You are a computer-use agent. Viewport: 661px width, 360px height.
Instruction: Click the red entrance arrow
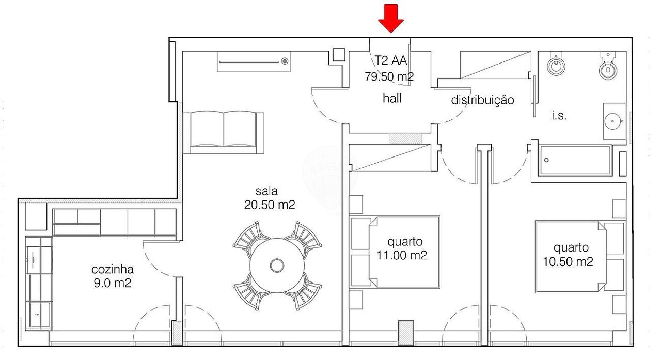[x=391, y=18]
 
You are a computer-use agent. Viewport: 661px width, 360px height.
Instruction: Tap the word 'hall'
[x=392, y=98]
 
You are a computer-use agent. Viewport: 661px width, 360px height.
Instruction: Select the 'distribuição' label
[x=482, y=100]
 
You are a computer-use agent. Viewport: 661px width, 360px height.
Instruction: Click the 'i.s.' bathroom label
[x=559, y=115]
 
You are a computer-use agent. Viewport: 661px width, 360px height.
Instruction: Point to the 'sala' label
[x=266, y=191]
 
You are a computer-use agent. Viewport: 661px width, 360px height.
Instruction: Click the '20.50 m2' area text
[x=270, y=205]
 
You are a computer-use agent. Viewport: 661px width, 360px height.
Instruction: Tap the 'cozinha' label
[x=113, y=269]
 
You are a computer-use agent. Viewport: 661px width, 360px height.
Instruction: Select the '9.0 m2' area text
[x=113, y=283]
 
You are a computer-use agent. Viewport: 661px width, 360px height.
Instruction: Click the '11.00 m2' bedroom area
[x=402, y=255]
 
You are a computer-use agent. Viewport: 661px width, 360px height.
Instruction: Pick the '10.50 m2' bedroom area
[x=568, y=261]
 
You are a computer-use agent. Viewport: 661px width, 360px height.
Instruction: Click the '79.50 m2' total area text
[x=389, y=77]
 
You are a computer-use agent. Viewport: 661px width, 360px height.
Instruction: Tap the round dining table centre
[x=277, y=265]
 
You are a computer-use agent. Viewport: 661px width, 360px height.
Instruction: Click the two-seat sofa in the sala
[x=224, y=132]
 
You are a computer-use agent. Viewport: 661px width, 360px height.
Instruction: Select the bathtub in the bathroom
[x=575, y=160]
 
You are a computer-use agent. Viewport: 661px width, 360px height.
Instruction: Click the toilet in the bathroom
[x=608, y=67]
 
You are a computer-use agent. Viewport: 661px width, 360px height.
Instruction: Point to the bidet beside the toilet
[x=556, y=65]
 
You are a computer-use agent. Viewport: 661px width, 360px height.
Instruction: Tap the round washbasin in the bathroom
[x=613, y=121]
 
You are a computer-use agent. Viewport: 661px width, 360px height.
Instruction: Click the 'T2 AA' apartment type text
[x=391, y=60]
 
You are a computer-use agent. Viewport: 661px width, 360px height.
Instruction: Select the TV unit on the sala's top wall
[x=254, y=61]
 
